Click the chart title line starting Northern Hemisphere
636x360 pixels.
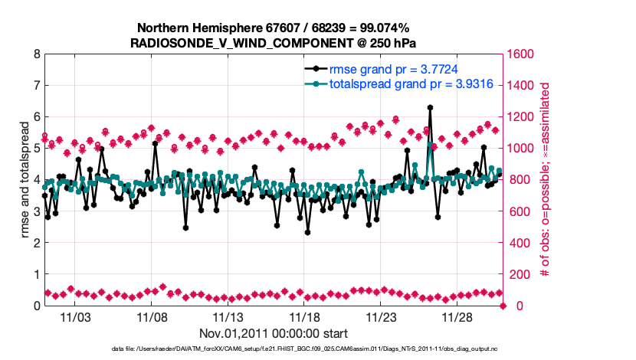click(274, 28)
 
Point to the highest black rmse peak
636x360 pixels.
click(430, 108)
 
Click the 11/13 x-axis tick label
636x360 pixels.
click(228, 316)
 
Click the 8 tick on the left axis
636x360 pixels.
click(36, 54)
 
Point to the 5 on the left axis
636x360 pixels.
click(36, 149)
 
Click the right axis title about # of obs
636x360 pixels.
click(545, 180)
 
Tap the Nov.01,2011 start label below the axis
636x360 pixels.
click(274, 333)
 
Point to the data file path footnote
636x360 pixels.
click(274, 349)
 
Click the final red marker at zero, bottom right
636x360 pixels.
click(503, 306)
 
